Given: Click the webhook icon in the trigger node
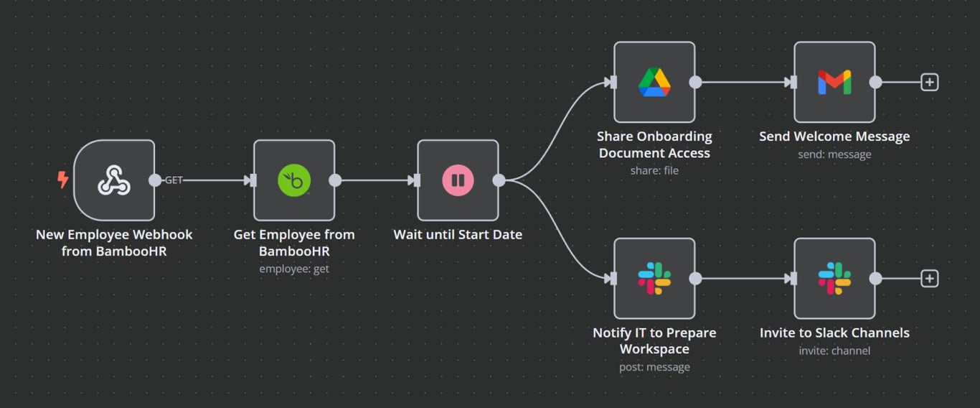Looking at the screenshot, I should pyautogui.click(x=114, y=180).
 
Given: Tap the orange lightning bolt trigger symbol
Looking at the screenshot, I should pyautogui.click(x=63, y=180).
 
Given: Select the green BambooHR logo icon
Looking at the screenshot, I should pyautogui.click(x=294, y=180).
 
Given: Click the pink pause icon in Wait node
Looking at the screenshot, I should pyautogui.click(x=458, y=180).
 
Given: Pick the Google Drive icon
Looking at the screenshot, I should pyautogui.click(x=654, y=82).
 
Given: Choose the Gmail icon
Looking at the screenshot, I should pyautogui.click(x=834, y=82).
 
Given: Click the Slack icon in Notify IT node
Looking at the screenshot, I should pyautogui.click(x=654, y=278).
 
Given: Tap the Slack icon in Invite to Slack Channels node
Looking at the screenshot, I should pyautogui.click(x=834, y=278).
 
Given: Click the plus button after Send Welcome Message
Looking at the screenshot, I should pyautogui.click(x=929, y=82).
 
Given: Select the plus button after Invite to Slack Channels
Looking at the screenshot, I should pyautogui.click(x=929, y=278).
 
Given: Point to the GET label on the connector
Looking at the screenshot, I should pyautogui.click(x=174, y=180).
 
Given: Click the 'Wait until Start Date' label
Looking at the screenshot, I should pyautogui.click(x=458, y=235).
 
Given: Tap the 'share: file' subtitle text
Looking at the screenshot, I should pyautogui.click(x=654, y=171).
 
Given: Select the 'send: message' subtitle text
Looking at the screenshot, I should pyautogui.click(x=834, y=154).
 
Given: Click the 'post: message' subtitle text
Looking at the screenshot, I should pyautogui.click(x=654, y=367).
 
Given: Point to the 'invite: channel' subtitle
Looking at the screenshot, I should pyautogui.click(x=834, y=351).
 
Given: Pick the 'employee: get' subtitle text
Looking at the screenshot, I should pyautogui.click(x=294, y=269).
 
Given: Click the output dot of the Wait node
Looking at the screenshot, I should pyautogui.click(x=499, y=180).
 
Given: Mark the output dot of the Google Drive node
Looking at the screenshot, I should pyautogui.click(x=695, y=82).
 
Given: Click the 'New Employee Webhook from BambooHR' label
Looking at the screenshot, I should pyautogui.click(x=114, y=243).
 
